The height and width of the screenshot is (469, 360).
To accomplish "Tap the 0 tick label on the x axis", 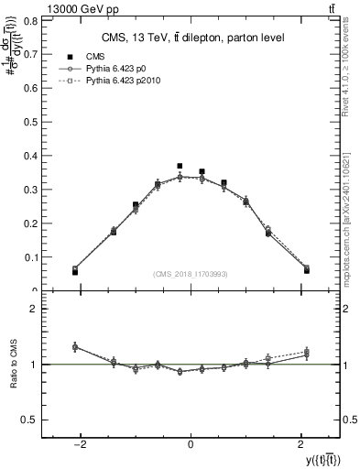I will (191, 444).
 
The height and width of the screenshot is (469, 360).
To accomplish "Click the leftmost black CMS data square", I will (75, 272).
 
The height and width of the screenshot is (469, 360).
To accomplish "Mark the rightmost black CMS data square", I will (307, 270).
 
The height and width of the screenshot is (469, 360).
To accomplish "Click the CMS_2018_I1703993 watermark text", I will (190, 274).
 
